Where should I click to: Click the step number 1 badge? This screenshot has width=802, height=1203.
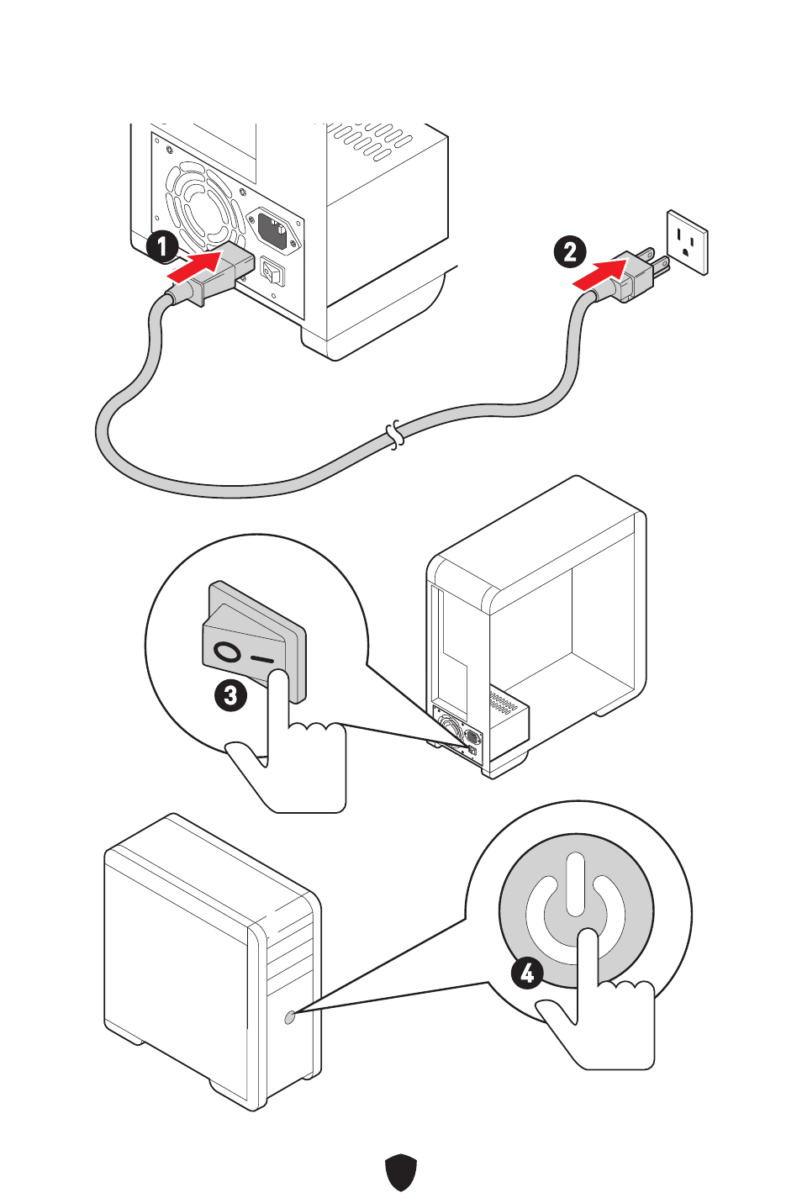pyautogui.click(x=161, y=246)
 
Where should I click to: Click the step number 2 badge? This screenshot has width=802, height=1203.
pyautogui.click(x=569, y=251)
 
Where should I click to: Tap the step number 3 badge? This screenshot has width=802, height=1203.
pyautogui.click(x=230, y=695)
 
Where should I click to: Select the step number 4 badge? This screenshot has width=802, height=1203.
pyautogui.click(x=527, y=973)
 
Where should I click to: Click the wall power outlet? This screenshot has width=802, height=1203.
pyautogui.click(x=687, y=243)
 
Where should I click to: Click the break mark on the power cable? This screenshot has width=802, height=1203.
pyautogui.click(x=394, y=435)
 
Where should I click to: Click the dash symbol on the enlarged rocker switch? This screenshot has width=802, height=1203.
pyautogui.click(x=262, y=659)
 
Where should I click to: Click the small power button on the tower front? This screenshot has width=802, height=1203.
pyautogui.click(x=290, y=1017)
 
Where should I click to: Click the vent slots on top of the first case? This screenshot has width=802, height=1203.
pyautogui.click(x=371, y=140)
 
